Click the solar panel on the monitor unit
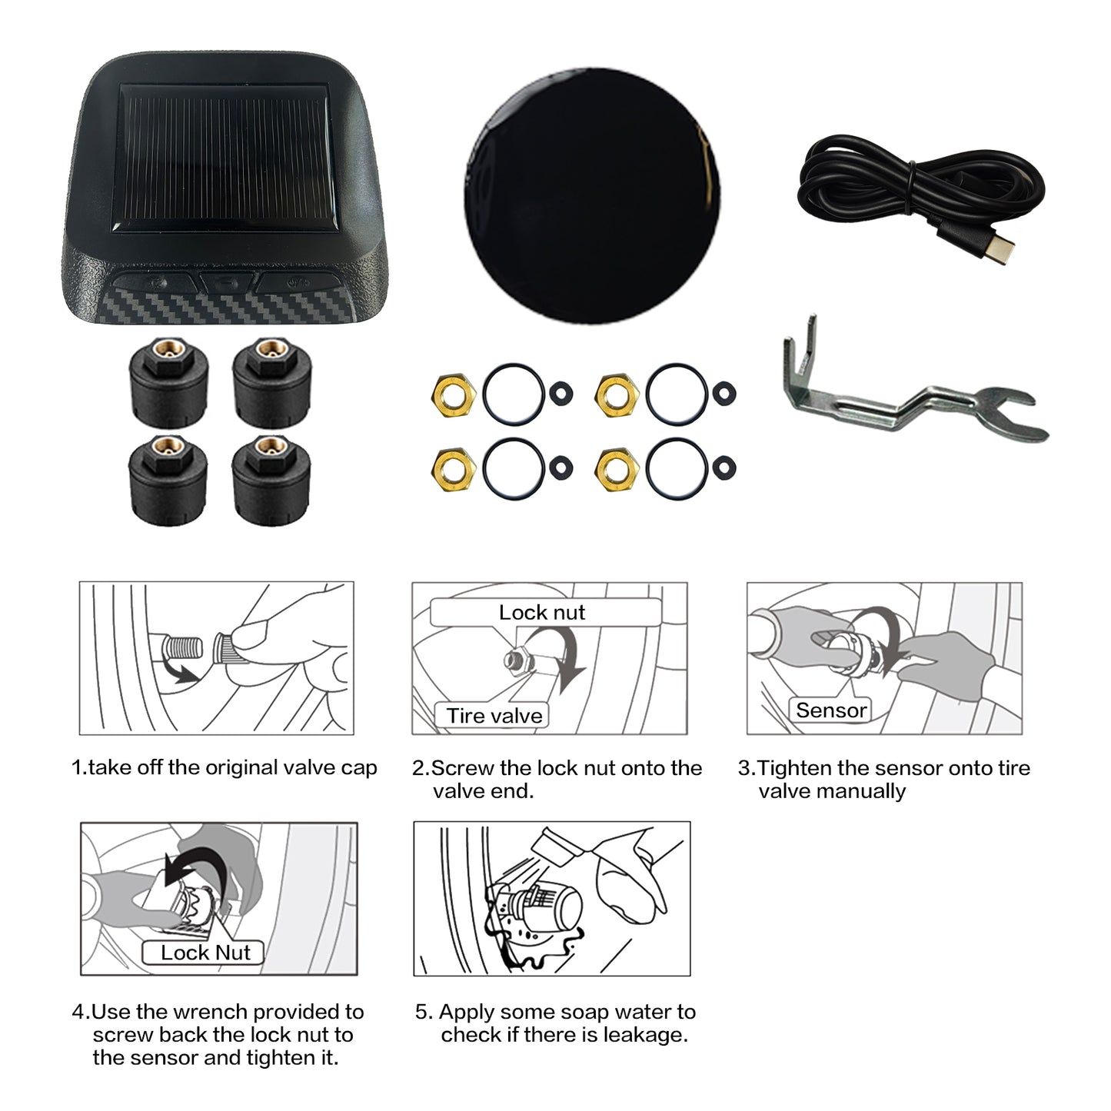pyautogui.click(x=225, y=158)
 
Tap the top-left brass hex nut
pyautogui.click(x=454, y=395)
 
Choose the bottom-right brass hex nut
pyautogui.click(x=617, y=469)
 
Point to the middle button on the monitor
pyautogui.click(x=227, y=283)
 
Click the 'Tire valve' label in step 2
pyautogui.click(x=494, y=716)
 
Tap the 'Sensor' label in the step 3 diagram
pyautogui.click(x=831, y=710)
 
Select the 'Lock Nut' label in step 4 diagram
pyautogui.click(x=205, y=953)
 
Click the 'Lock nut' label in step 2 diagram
pyautogui.click(x=541, y=612)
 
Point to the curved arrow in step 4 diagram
pyautogui.click(x=196, y=857)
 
